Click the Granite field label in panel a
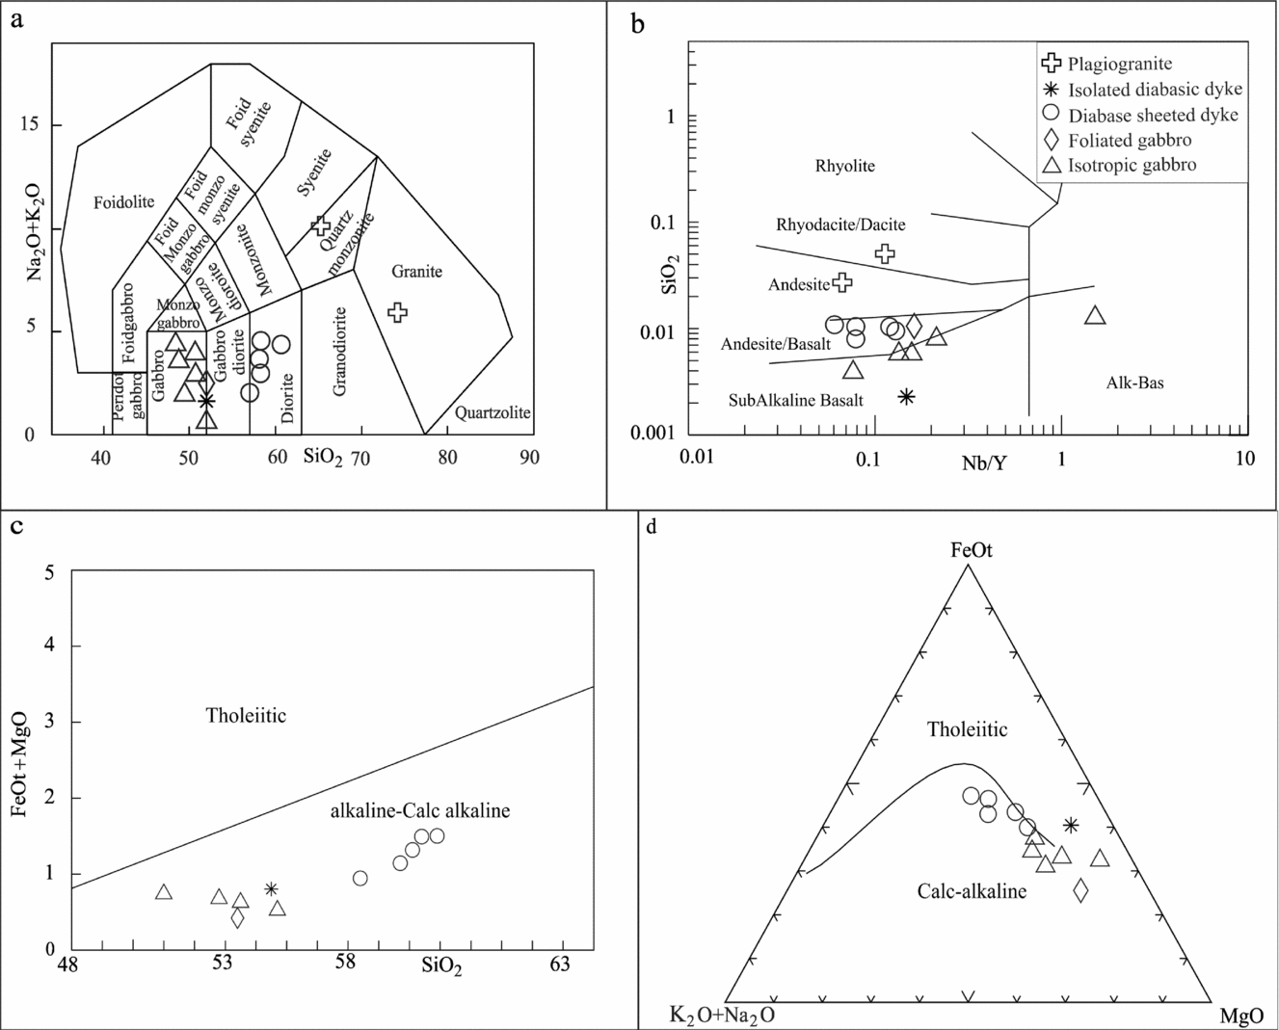click(416, 272)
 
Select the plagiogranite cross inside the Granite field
click(397, 311)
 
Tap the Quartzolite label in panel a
click(493, 412)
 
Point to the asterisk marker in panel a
click(206, 401)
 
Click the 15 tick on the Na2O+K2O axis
click(31, 125)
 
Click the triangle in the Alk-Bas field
click(1094, 316)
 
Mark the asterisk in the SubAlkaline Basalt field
click(906, 396)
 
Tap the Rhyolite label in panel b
click(844, 166)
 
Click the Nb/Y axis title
click(984, 463)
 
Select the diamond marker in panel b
click(914, 326)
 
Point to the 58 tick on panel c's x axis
click(345, 963)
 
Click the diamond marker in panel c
click(237, 917)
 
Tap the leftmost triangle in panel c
click(164, 893)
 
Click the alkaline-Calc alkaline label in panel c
click(420, 811)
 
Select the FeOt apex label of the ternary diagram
click(971, 551)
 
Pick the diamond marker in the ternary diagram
click(1080, 890)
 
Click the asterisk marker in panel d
click(1071, 825)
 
